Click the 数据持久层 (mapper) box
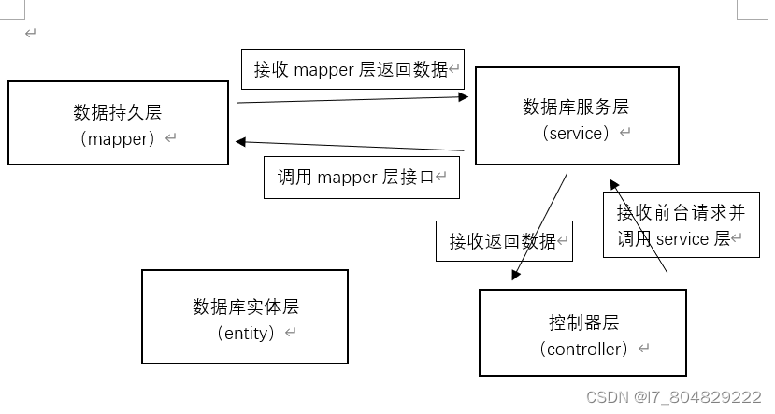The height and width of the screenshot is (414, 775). [118, 122]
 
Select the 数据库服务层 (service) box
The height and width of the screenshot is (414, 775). [577, 116]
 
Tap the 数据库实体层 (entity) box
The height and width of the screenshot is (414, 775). [244, 318]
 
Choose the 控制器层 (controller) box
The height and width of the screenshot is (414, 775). [582, 333]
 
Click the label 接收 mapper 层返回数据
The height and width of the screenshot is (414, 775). [352, 70]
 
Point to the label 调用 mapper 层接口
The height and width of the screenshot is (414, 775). [361, 178]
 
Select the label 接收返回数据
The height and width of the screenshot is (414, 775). [503, 241]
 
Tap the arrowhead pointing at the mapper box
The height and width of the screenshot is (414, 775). [241, 142]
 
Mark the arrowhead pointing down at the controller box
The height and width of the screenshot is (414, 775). [515, 275]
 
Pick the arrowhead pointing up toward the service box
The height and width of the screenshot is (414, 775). [614, 185]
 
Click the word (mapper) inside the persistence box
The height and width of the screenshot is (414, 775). [118, 138]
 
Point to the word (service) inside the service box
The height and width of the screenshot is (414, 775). [577, 133]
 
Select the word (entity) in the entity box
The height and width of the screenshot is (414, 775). [246, 333]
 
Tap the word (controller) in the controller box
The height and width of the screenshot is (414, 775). [583, 349]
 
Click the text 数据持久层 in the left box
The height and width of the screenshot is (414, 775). [118, 112]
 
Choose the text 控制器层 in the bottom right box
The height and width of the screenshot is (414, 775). [583, 322]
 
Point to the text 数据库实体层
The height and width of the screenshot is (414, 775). [246, 307]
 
